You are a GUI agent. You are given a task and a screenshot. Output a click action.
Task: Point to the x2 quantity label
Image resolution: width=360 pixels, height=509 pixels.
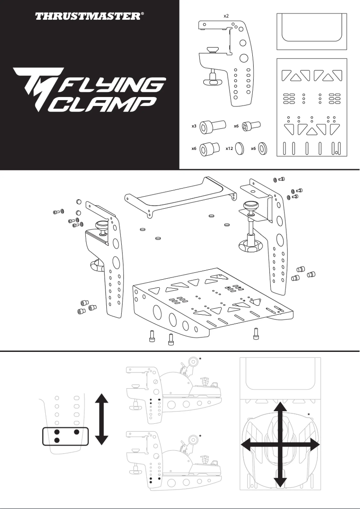pos(227,16)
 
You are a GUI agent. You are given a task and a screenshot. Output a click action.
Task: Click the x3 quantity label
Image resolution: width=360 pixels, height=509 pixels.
pos(194,127)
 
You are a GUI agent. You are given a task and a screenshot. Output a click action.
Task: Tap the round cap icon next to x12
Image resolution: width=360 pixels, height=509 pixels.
pos(239,148)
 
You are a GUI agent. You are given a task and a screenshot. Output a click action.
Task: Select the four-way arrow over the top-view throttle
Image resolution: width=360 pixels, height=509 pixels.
pos(281,444)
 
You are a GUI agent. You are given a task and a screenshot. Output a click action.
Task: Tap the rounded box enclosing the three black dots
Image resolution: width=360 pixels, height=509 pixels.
pos(66,436)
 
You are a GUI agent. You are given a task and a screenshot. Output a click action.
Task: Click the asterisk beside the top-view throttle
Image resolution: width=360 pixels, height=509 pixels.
pos(309,414)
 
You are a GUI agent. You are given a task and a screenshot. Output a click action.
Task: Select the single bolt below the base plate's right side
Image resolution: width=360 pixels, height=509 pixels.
pos(256,334)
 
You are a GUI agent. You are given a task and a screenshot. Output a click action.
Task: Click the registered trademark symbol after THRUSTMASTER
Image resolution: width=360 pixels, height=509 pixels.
pos(143,14)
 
